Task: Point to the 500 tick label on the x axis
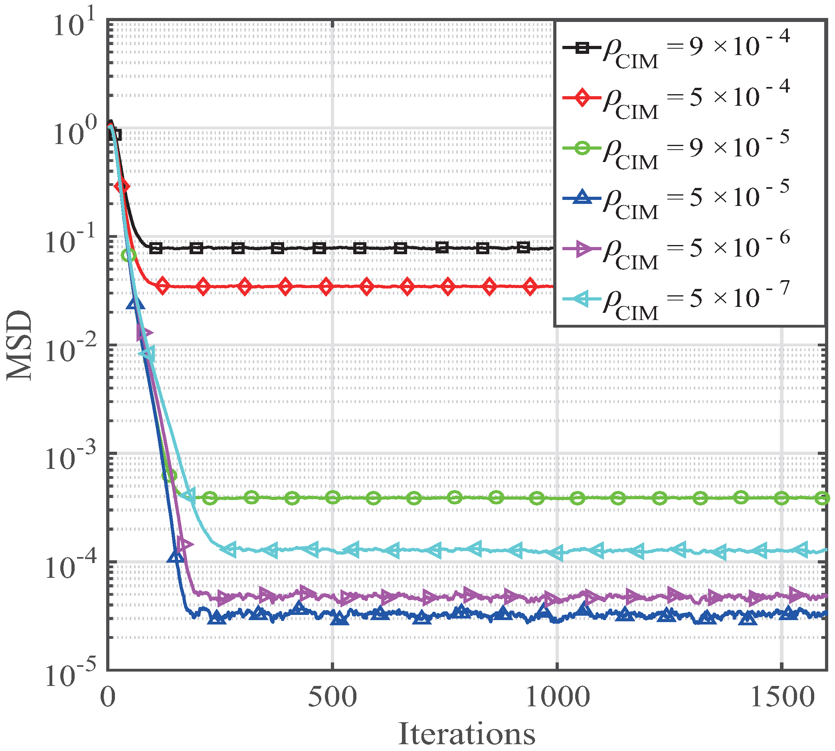pos(332,697)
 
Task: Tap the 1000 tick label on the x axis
pos(557,697)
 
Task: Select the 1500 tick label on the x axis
pos(782,697)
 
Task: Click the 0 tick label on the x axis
pos(108,697)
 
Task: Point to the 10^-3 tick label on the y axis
pos(70,457)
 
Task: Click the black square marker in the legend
pos(582,48)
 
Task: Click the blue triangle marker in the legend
pos(582,198)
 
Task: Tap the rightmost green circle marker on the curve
pos(823,498)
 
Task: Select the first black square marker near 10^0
pos(117,134)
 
